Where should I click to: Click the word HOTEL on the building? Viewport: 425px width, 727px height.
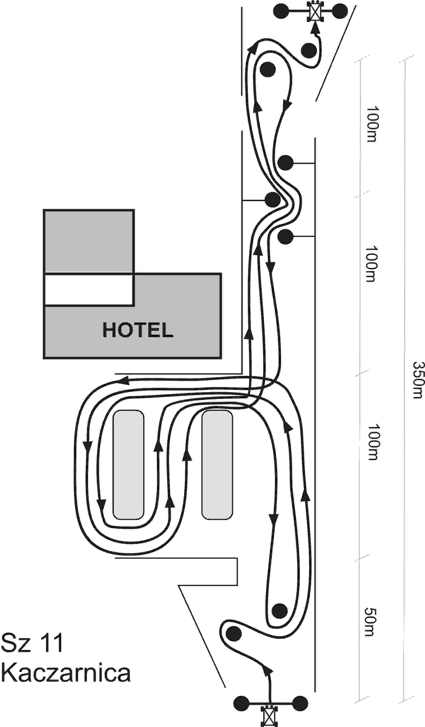coord(138,330)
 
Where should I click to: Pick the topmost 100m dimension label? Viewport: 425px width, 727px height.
coord(371,124)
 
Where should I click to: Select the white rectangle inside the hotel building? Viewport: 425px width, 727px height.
coord(89,290)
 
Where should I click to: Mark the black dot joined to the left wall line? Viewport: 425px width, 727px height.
coord(272,199)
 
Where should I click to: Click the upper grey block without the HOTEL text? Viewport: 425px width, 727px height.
coord(89,241)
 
